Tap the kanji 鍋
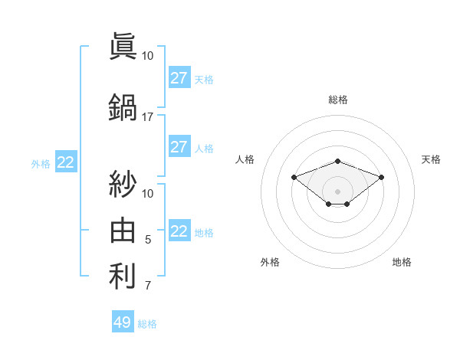(x=123, y=106)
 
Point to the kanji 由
(x=123, y=230)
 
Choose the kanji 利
(x=123, y=276)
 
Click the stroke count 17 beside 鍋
(x=148, y=117)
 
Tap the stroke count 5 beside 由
(x=148, y=240)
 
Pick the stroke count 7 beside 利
(x=148, y=286)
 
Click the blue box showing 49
(x=123, y=322)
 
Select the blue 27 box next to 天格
(x=179, y=78)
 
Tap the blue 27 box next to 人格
(x=179, y=147)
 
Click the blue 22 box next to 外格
(x=66, y=162)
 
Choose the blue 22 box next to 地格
(x=179, y=231)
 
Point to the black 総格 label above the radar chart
(x=338, y=100)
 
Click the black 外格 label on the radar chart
(x=270, y=262)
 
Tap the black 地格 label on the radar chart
(x=402, y=262)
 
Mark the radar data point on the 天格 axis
(x=382, y=177)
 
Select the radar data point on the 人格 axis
(x=294, y=177)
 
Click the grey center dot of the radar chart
(x=338, y=191)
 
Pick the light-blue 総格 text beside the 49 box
(x=147, y=324)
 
